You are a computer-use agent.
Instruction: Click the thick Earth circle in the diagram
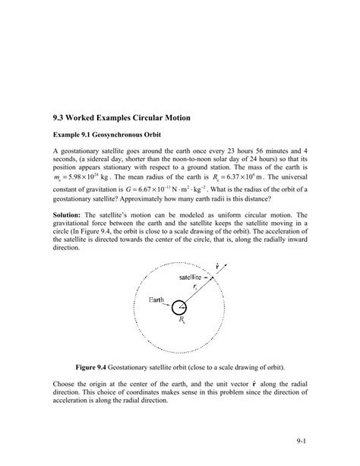pos(180,309)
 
